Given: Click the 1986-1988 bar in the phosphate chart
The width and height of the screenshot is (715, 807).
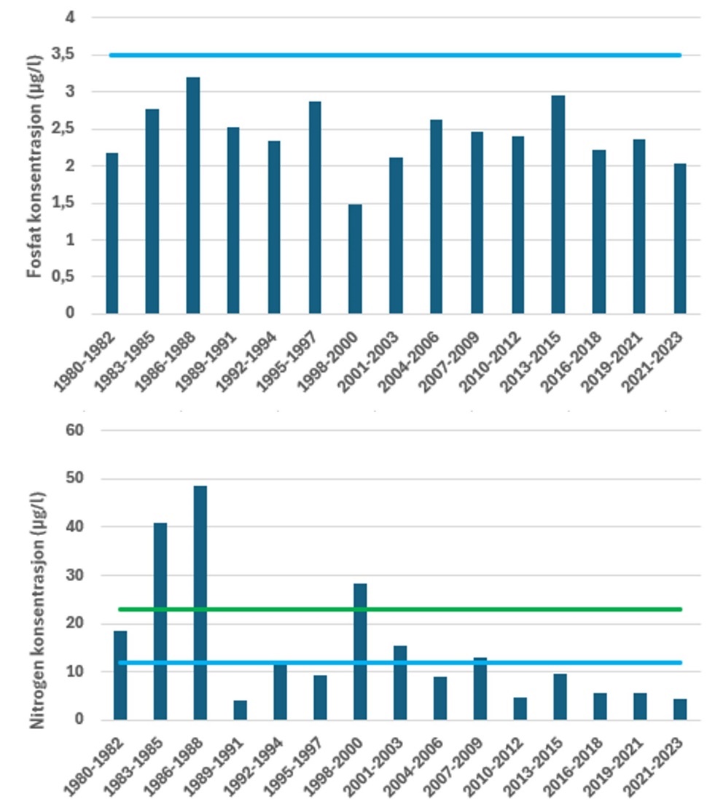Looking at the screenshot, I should tap(192, 197).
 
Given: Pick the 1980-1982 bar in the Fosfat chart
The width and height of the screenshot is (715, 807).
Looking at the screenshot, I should tap(112, 233).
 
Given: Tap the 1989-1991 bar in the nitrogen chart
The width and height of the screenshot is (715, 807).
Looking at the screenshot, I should tap(240, 711).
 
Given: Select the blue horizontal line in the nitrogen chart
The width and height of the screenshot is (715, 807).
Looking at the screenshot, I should tap(510, 663).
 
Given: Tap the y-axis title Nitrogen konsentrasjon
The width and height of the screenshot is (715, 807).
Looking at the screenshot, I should tap(34, 590).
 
